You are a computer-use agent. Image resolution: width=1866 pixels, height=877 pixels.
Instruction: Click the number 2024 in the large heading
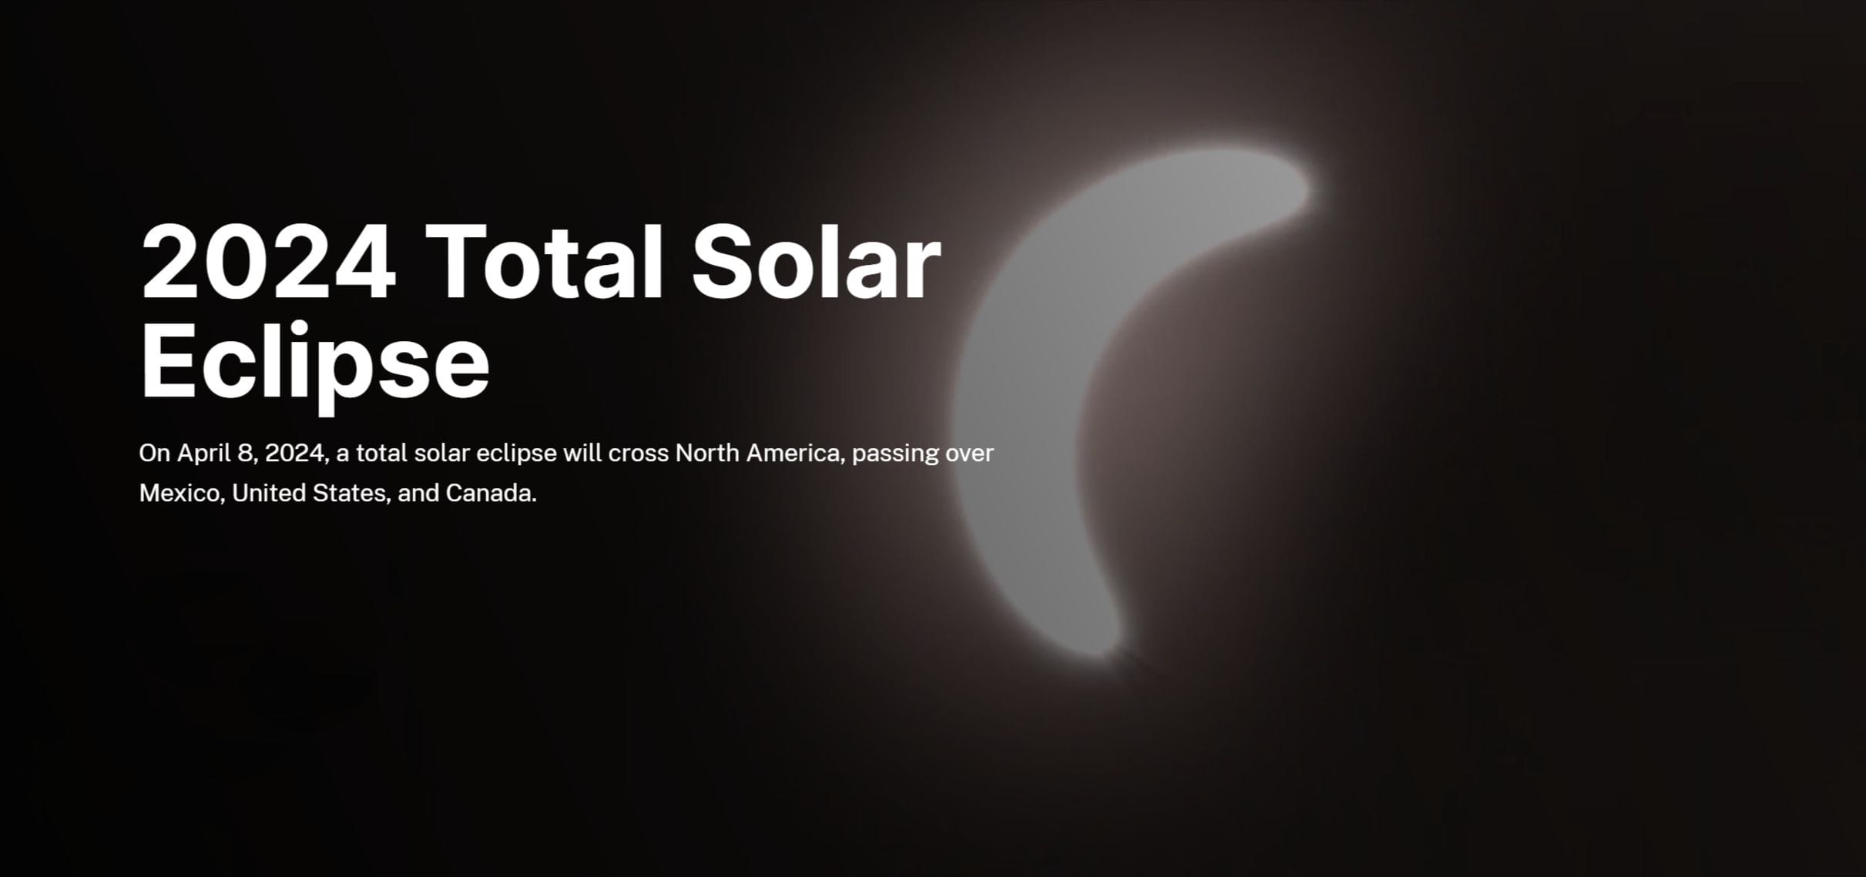tap(268, 262)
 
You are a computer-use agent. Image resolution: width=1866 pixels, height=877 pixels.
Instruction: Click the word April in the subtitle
tap(204, 454)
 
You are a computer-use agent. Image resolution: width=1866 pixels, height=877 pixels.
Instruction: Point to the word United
tap(269, 493)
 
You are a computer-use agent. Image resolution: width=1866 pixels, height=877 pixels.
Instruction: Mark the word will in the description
tap(582, 453)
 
